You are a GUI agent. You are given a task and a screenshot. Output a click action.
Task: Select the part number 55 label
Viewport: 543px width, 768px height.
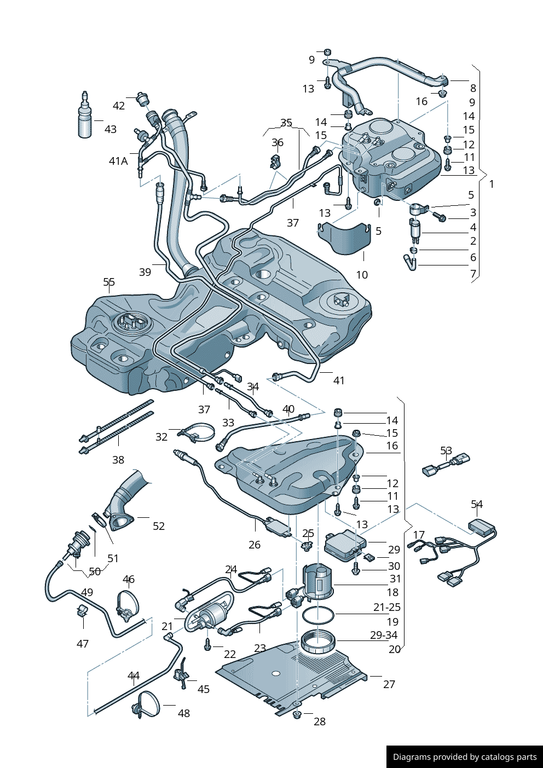tap(109, 282)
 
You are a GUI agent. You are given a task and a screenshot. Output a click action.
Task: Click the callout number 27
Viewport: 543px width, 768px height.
tap(389, 684)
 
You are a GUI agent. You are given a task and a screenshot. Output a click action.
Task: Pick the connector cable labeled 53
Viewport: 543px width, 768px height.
tap(447, 465)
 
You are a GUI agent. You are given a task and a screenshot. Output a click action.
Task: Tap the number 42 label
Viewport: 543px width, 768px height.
tap(119, 106)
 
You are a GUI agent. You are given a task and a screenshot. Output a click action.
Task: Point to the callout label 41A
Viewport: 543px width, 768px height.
tap(118, 161)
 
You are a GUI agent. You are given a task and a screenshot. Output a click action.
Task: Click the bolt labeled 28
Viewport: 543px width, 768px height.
tap(297, 715)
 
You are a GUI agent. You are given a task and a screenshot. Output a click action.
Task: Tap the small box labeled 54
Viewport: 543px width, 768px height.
tap(481, 527)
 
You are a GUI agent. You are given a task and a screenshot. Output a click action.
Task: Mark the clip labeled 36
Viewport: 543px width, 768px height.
tap(275, 161)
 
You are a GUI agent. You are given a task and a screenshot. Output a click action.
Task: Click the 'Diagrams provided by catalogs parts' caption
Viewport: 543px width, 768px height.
tap(465, 757)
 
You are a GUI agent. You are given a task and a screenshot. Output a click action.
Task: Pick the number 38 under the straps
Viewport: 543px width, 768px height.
tap(118, 460)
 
